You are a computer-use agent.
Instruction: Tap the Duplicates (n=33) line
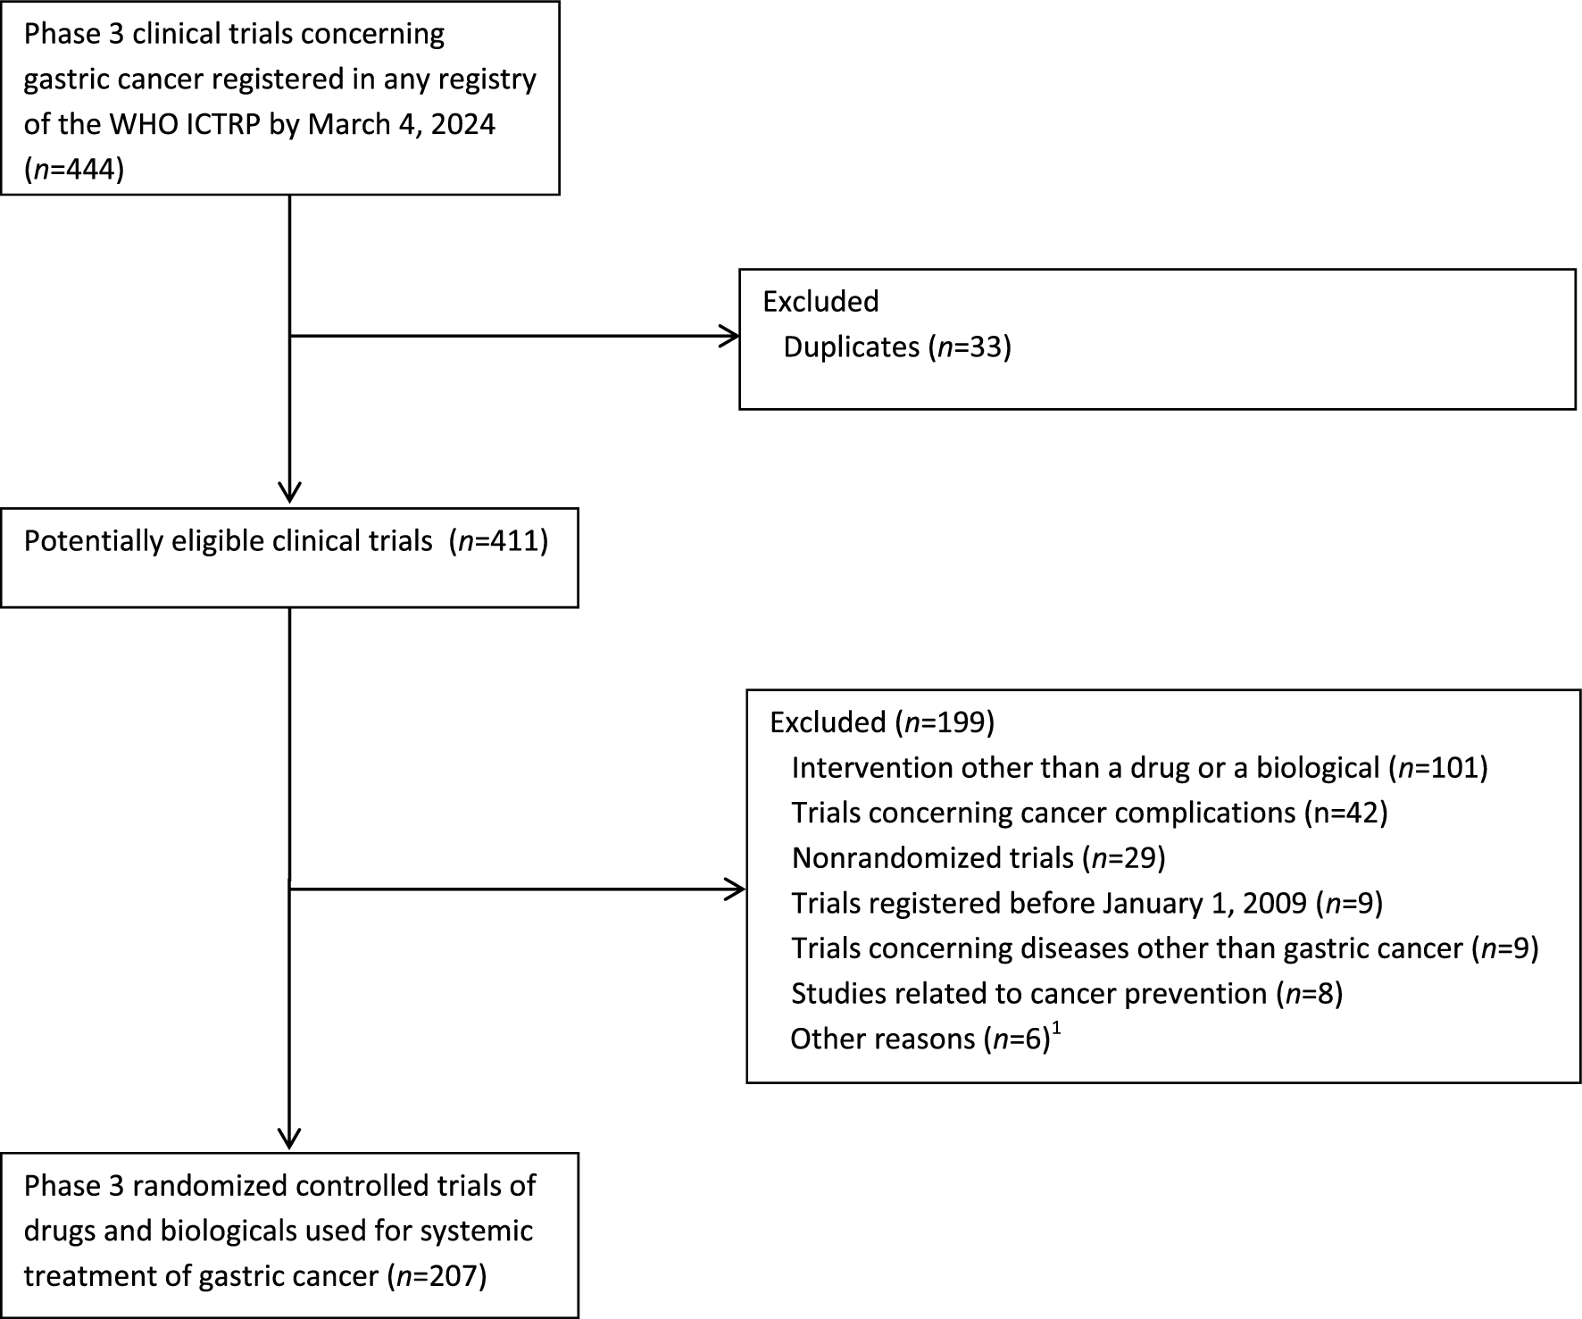click(896, 346)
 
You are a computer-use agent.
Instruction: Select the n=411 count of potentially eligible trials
click(501, 541)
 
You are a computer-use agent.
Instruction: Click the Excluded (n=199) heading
click(881, 722)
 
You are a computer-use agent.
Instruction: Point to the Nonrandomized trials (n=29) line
click(978, 857)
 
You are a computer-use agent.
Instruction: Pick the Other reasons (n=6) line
click(920, 1039)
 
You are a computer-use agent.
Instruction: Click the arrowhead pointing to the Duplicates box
click(731, 337)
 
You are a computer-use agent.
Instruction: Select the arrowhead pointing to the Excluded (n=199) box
click(737, 889)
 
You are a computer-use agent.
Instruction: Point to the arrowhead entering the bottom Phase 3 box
click(290, 1139)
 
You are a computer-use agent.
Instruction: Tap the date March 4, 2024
click(401, 123)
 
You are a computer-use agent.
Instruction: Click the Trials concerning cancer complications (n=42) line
click(1088, 812)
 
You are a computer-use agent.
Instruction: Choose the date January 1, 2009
click(1204, 903)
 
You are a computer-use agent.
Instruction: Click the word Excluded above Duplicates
click(820, 301)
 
